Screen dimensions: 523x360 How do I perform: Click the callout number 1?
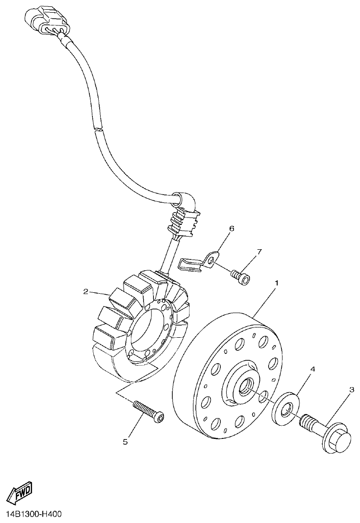click(x=277, y=283)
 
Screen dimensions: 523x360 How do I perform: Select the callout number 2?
click(x=85, y=292)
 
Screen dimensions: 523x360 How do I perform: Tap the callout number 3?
click(x=351, y=390)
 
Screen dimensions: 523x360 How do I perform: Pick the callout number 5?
click(x=125, y=441)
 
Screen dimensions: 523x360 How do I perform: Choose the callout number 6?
click(x=232, y=229)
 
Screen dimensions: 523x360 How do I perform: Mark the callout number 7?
click(x=259, y=252)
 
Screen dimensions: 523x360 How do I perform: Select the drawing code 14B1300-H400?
click(x=34, y=514)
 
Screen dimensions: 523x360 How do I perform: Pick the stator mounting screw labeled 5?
click(x=148, y=409)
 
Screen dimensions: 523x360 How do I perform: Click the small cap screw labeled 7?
click(x=240, y=276)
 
